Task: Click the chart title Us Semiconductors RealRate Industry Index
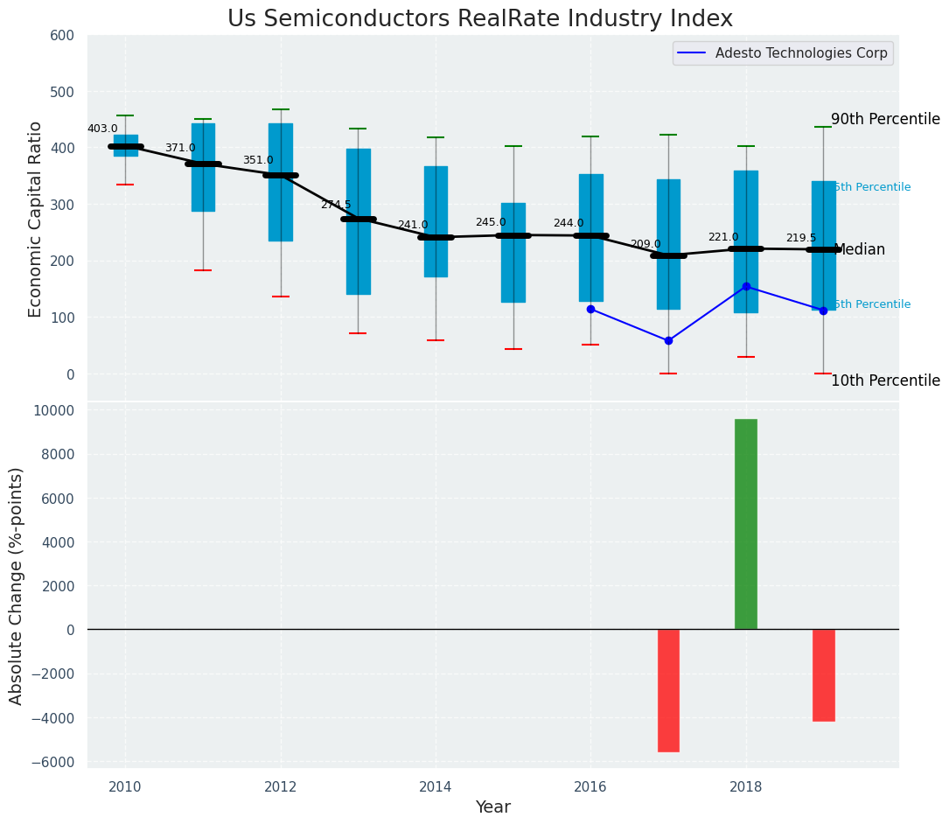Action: click(x=479, y=19)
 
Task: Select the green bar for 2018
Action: click(x=745, y=524)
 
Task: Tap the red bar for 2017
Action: click(x=668, y=690)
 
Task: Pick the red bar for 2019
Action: click(x=823, y=674)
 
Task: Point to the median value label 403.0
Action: click(x=102, y=129)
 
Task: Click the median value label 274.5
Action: click(x=335, y=205)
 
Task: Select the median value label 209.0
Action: click(x=645, y=244)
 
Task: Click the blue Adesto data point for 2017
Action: click(x=668, y=340)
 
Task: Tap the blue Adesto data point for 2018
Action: click(x=746, y=286)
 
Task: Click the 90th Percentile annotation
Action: click(x=884, y=120)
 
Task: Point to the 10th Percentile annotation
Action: click(x=884, y=381)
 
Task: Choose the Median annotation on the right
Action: click(x=859, y=250)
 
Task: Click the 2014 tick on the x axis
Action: click(x=436, y=786)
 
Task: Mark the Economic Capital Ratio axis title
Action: click(x=36, y=219)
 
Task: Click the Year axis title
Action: click(x=492, y=807)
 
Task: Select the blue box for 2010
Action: click(x=125, y=145)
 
